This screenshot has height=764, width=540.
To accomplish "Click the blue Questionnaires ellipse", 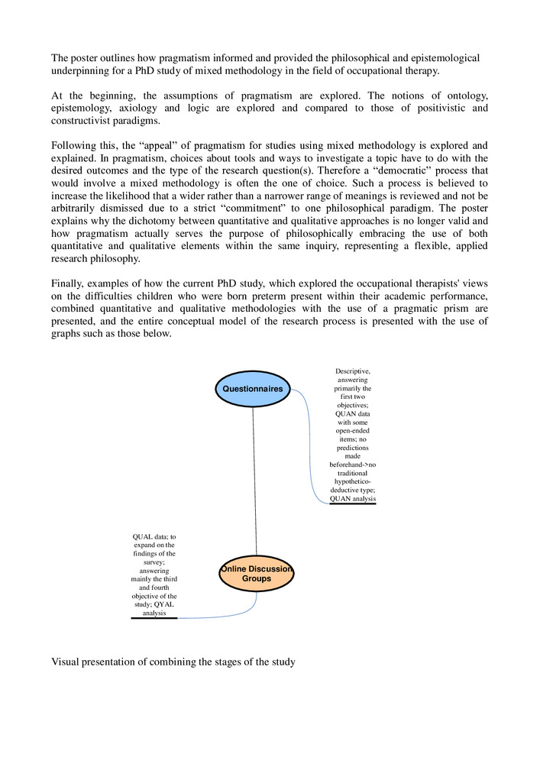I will pyautogui.click(x=253, y=389).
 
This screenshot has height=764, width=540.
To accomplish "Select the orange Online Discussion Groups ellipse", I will pyautogui.click(x=256, y=575).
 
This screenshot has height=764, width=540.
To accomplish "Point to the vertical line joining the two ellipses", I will pyautogui.click(x=254, y=481).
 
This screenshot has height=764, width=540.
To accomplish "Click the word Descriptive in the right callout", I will pyautogui.click(x=353, y=371).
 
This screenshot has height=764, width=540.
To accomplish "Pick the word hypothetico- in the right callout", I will pyautogui.click(x=353, y=482).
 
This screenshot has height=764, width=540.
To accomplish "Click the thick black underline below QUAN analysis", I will pyautogui.click(x=353, y=505).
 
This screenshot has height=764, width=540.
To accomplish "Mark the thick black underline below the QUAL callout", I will pyautogui.click(x=154, y=618).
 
